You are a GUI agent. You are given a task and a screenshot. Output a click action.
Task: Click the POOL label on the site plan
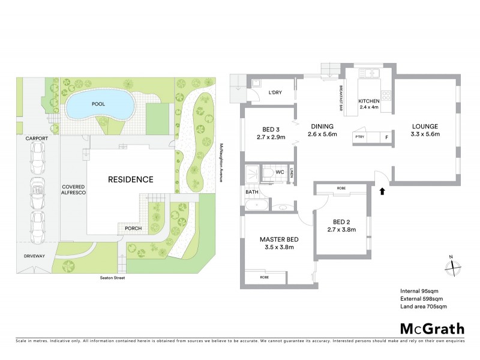[98, 104]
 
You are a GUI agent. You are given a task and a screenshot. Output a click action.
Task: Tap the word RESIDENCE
[131, 179]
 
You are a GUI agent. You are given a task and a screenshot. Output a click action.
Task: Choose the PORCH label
[133, 228]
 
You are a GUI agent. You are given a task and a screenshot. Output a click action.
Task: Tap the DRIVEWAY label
[35, 256]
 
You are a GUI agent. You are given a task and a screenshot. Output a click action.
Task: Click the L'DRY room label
[275, 92]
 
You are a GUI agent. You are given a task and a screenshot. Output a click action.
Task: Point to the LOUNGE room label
[425, 126]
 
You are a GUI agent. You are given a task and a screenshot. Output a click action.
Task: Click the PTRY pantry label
[360, 137]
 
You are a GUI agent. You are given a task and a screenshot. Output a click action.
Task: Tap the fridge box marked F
[386, 137]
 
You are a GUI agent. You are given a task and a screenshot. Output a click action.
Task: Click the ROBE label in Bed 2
[341, 188]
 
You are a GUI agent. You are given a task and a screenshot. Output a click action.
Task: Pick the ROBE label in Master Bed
[264, 278]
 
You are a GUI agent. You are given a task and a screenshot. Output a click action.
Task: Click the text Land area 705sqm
[424, 307]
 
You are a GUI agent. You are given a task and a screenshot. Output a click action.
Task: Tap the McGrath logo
[431, 328]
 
